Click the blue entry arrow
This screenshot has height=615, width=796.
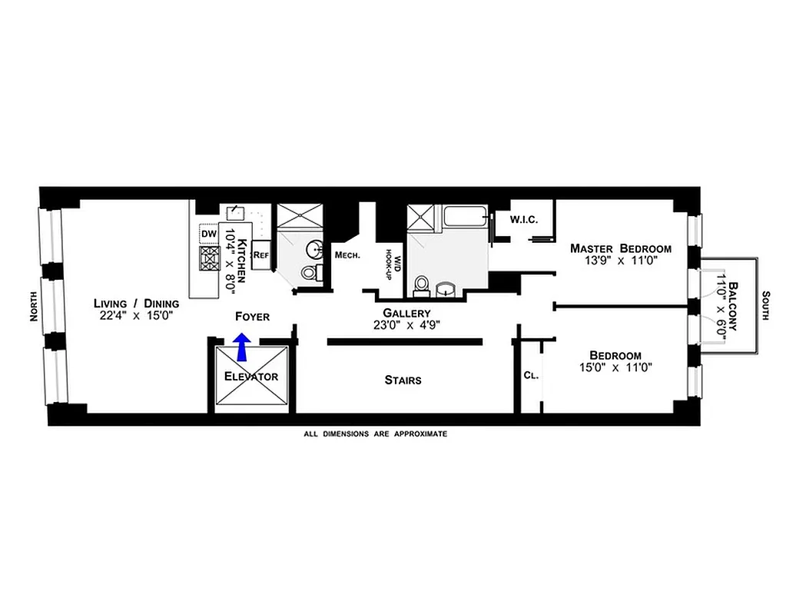(242, 346)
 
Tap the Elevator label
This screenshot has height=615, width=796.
(250, 377)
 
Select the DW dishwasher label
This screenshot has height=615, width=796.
(209, 233)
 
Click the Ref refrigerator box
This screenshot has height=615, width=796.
(261, 254)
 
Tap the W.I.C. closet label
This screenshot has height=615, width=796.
(523, 220)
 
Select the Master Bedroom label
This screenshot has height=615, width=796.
(620, 248)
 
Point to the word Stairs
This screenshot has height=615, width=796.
(403, 380)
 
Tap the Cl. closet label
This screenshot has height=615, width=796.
(529, 376)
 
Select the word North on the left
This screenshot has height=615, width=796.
(33, 307)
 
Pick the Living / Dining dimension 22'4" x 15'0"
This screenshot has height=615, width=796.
(136, 315)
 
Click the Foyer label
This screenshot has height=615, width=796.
(253, 316)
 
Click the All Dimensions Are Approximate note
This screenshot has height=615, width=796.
(376, 434)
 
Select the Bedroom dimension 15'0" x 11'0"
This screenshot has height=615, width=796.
(615, 367)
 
